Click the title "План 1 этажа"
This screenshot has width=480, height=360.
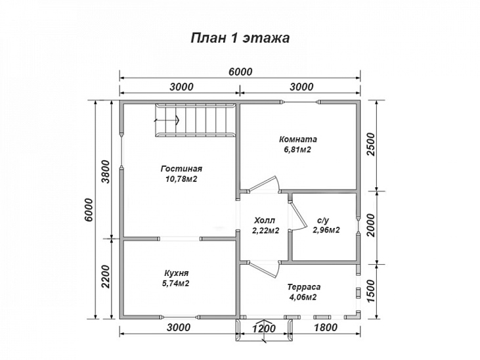tap(240, 37)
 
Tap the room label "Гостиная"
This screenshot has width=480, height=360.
tap(181, 169)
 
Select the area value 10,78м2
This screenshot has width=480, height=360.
tap(181, 179)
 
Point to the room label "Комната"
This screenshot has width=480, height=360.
tap(297, 139)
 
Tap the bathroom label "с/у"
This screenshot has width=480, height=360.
tap(324, 221)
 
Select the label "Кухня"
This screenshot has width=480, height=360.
tap(177, 273)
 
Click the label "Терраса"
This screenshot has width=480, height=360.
tap(303, 287)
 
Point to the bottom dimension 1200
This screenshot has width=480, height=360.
tap(263, 328)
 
